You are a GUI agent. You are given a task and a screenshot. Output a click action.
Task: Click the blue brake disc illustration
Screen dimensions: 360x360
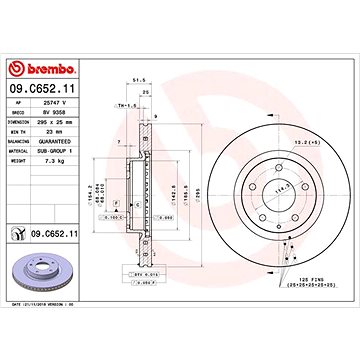coord(42,273)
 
